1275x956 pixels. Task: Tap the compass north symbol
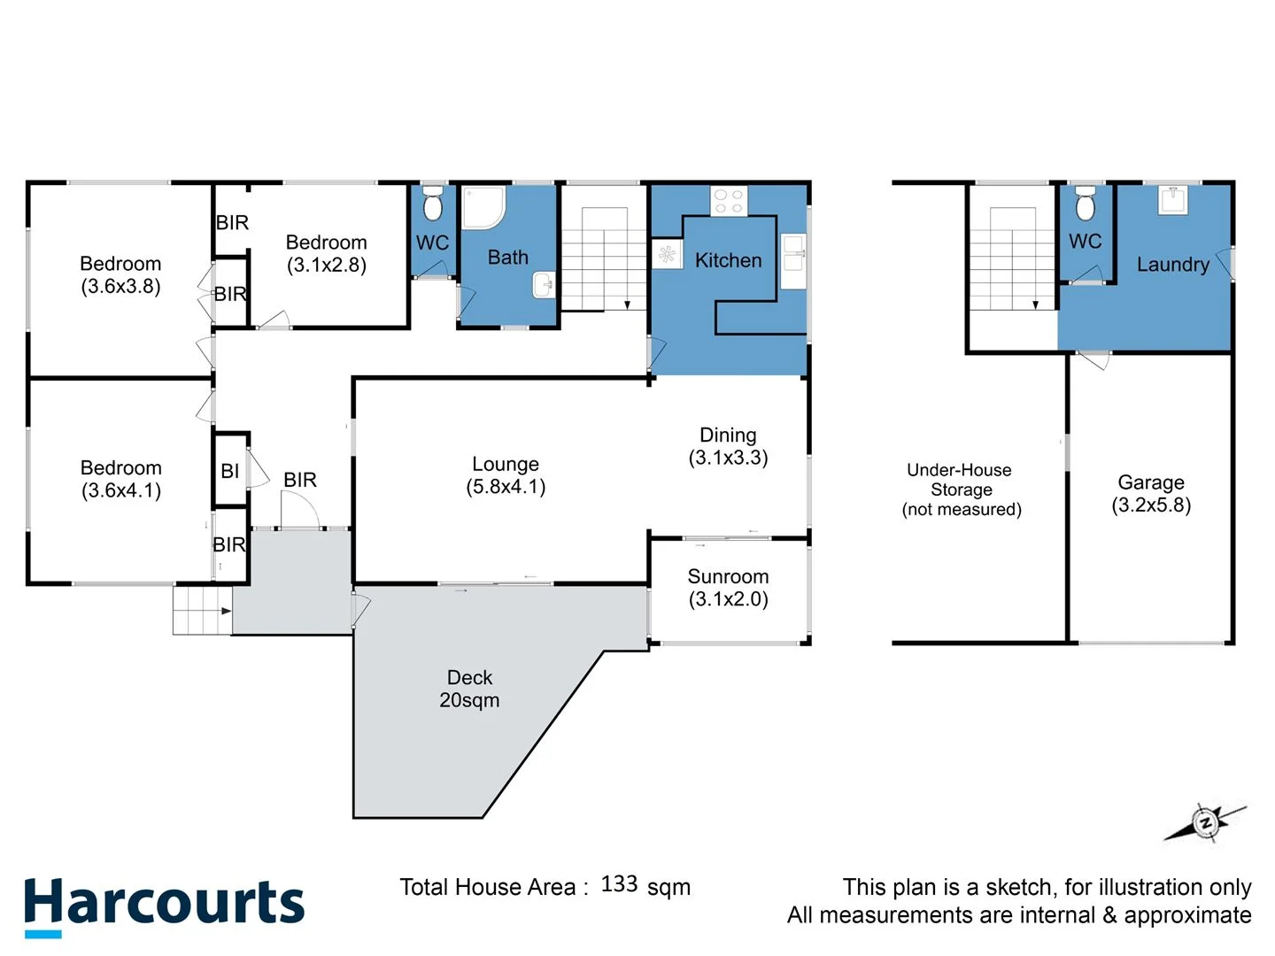click(1205, 822)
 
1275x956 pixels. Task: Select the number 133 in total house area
click(619, 884)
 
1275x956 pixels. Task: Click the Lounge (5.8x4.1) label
click(506, 475)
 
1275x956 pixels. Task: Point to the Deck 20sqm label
click(469, 689)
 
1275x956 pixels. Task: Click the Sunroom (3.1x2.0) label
click(728, 588)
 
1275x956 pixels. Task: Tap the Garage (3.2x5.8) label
click(1151, 494)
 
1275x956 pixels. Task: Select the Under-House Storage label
click(961, 490)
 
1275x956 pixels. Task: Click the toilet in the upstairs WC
click(433, 204)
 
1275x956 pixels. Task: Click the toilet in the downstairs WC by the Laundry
click(1085, 204)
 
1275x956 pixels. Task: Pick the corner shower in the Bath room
click(483, 207)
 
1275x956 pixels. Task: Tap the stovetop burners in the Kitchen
click(729, 201)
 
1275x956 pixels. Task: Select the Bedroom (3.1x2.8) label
click(326, 254)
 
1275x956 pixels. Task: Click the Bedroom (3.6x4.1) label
click(121, 479)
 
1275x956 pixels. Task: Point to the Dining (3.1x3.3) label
click(728, 446)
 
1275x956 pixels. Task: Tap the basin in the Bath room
click(543, 285)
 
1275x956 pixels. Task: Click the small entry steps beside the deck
click(202, 611)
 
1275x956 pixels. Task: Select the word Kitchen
click(728, 260)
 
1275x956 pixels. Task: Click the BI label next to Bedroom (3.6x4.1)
click(230, 472)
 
